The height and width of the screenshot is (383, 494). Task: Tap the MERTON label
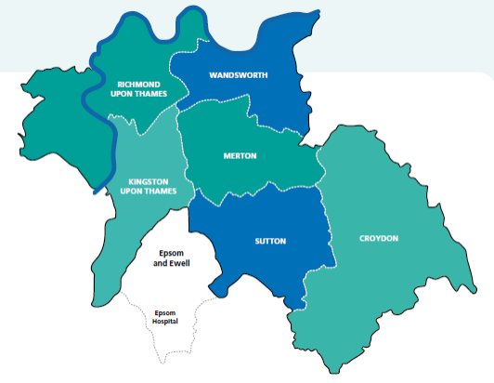click(240, 155)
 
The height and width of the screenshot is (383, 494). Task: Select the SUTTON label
click(270, 241)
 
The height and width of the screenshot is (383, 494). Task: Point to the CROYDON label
click(379, 238)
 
